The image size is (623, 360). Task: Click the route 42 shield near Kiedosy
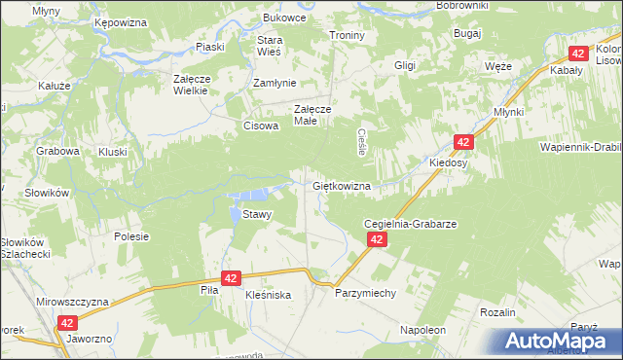click(x=463, y=142)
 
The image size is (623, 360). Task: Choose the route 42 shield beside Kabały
click(x=578, y=54)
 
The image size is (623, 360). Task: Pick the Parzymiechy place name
click(x=366, y=292)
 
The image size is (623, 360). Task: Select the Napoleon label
click(x=422, y=330)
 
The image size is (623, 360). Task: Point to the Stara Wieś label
click(x=269, y=47)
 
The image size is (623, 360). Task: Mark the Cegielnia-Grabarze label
click(x=410, y=223)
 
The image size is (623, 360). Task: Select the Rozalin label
click(x=497, y=311)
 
